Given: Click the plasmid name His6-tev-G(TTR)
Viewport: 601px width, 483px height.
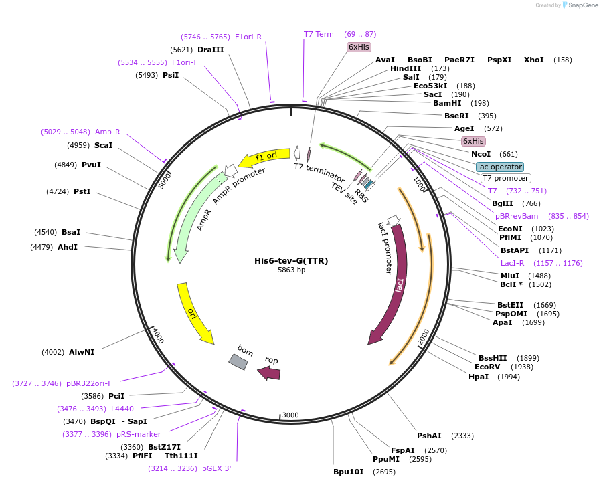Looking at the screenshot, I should pyautogui.click(x=291, y=260).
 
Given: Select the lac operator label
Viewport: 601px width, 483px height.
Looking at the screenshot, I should pyautogui.click(x=500, y=167).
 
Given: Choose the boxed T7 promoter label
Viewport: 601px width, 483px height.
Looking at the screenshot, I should pyautogui.click(x=505, y=179).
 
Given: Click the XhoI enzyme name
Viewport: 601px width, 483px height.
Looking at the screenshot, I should pyautogui.click(x=533, y=60).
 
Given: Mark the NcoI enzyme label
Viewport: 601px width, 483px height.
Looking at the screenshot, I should pyautogui.click(x=481, y=154).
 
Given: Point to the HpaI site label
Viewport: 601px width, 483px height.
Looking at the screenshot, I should pyautogui.click(x=479, y=377).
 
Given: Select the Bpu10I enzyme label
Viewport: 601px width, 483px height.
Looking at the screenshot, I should pyautogui.click(x=348, y=472).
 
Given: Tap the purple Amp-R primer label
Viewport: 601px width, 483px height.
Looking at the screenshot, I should pyautogui.click(x=107, y=132).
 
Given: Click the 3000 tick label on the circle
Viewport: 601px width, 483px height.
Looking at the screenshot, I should pyautogui.click(x=290, y=415).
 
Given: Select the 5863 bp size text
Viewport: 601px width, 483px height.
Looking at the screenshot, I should pyautogui.click(x=291, y=270).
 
